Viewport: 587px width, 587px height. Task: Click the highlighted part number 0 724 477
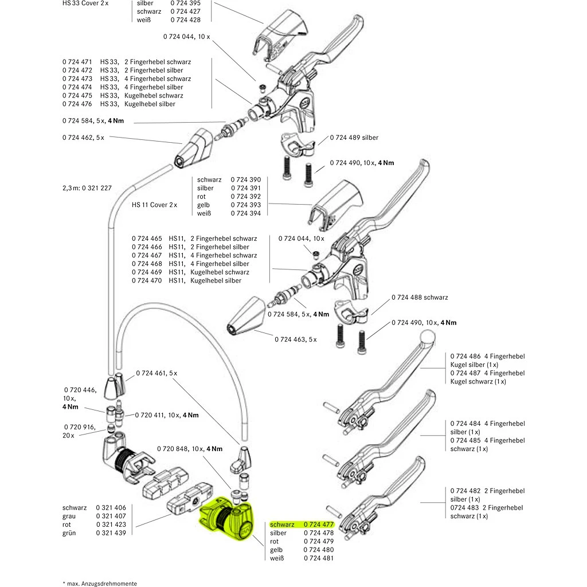(319, 525)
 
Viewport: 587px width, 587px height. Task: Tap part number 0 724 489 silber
(354, 138)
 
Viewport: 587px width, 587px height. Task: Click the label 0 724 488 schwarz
(419, 298)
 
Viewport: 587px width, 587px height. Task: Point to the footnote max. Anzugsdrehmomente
(100, 583)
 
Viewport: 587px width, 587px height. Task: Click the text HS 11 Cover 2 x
(154, 205)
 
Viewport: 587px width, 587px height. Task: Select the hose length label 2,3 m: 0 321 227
(86, 187)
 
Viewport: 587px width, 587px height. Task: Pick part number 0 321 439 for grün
(111, 533)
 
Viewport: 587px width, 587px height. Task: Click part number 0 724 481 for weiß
(319, 558)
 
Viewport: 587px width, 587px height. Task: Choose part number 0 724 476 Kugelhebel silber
(77, 104)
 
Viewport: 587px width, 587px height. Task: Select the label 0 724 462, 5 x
(83, 138)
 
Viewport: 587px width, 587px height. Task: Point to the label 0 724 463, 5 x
(296, 339)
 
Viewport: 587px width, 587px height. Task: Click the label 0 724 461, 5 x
(156, 373)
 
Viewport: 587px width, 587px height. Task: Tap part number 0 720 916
(79, 427)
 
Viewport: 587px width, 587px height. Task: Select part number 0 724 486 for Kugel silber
(465, 356)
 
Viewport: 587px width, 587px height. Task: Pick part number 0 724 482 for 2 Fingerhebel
(465, 491)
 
